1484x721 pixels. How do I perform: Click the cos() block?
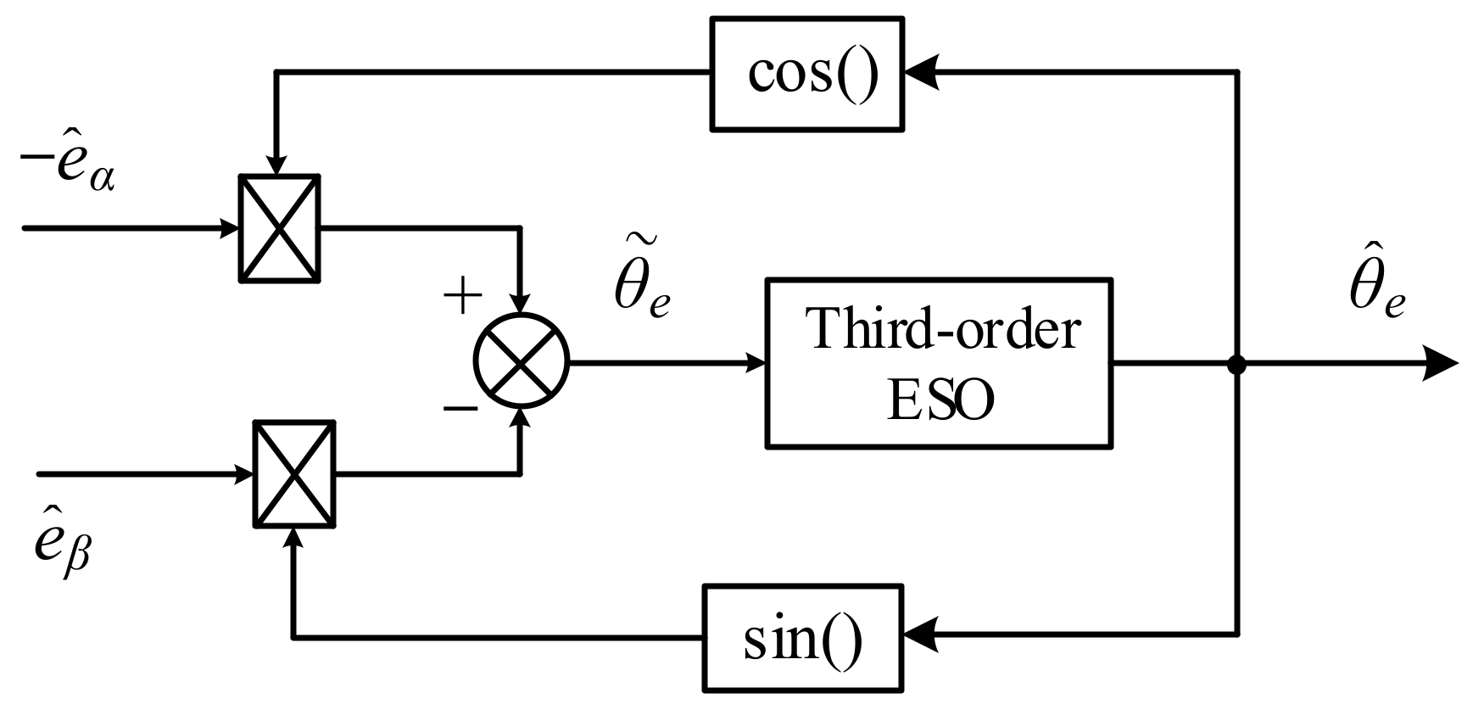[806, 75]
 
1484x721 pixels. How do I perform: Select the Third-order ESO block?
[939, 363]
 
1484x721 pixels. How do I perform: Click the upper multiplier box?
[279, 227]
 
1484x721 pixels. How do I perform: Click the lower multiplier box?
[294, 474]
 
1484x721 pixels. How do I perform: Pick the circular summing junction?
[521, 361]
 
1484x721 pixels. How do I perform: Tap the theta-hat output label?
[1376, 288]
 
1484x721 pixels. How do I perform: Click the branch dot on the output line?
[1237, 365]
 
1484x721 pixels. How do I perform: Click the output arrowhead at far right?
[1442, 365]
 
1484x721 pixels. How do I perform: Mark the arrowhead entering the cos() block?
[923, 73]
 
